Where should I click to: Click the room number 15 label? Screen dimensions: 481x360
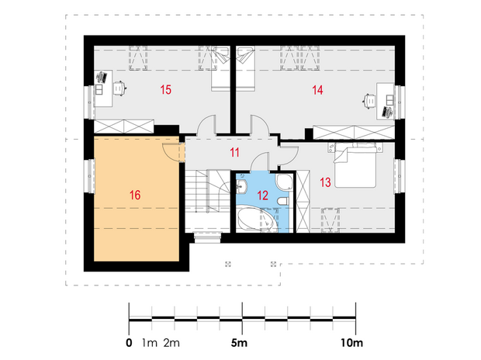point(166,90)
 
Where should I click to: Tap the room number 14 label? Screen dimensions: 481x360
point(317,90)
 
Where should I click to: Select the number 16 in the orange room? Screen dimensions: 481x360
point(135,196)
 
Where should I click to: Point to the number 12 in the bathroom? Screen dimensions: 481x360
point(262,196)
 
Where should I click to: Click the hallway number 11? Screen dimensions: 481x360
point(234,153)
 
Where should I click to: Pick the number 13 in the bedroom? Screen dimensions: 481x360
point(326,182)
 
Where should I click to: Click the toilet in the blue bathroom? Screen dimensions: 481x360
point(283,201)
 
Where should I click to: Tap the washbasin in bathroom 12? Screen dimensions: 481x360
point(242,186)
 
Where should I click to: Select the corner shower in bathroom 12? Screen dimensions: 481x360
point(285,182)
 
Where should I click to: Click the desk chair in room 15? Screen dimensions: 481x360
point(119,88)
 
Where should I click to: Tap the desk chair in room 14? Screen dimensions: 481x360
point(369,102)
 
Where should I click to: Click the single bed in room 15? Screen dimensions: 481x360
point(220,68)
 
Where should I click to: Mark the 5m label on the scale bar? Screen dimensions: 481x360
point(239,343)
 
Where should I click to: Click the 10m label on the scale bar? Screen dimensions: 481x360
point(351,343)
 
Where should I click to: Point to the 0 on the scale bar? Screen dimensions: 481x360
point(129,343)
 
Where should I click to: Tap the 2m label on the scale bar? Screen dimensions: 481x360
point(171,343)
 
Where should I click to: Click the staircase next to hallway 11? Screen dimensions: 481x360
point(207,201)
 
